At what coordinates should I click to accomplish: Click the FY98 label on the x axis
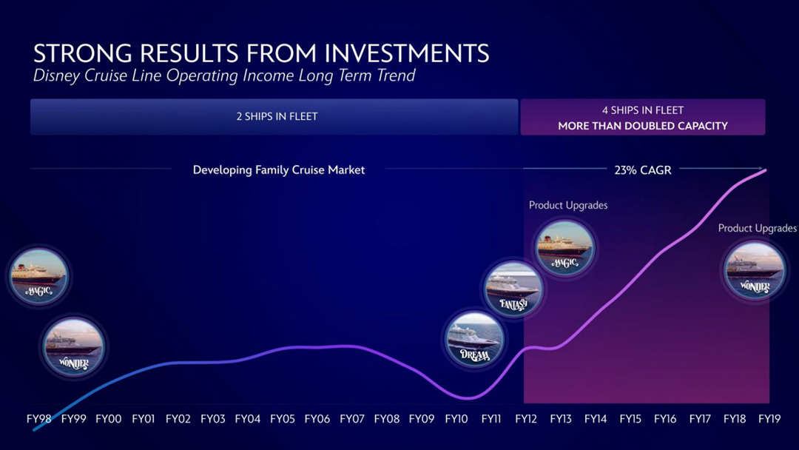(38, 419)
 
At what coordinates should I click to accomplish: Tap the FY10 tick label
(456, 419)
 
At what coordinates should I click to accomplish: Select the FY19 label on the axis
(769, 419)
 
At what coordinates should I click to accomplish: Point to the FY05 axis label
(283, 419)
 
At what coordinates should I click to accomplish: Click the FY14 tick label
(596, 419)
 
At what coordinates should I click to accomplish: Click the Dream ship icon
(475, 340)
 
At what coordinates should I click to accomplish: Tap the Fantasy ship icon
(513, 289)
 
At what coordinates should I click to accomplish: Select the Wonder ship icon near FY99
(73, 346)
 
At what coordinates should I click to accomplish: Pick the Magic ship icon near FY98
(39, 276)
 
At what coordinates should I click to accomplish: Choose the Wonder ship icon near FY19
(755, 271)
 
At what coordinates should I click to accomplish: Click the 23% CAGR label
(642, 170)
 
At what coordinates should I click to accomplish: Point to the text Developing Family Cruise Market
(279, 170)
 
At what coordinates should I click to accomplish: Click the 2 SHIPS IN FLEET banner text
(277, 117)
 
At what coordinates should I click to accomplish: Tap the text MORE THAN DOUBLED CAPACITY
(642, 126)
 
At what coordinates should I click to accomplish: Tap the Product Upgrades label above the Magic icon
(568, 205)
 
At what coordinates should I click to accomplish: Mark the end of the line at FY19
(766, 170)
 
